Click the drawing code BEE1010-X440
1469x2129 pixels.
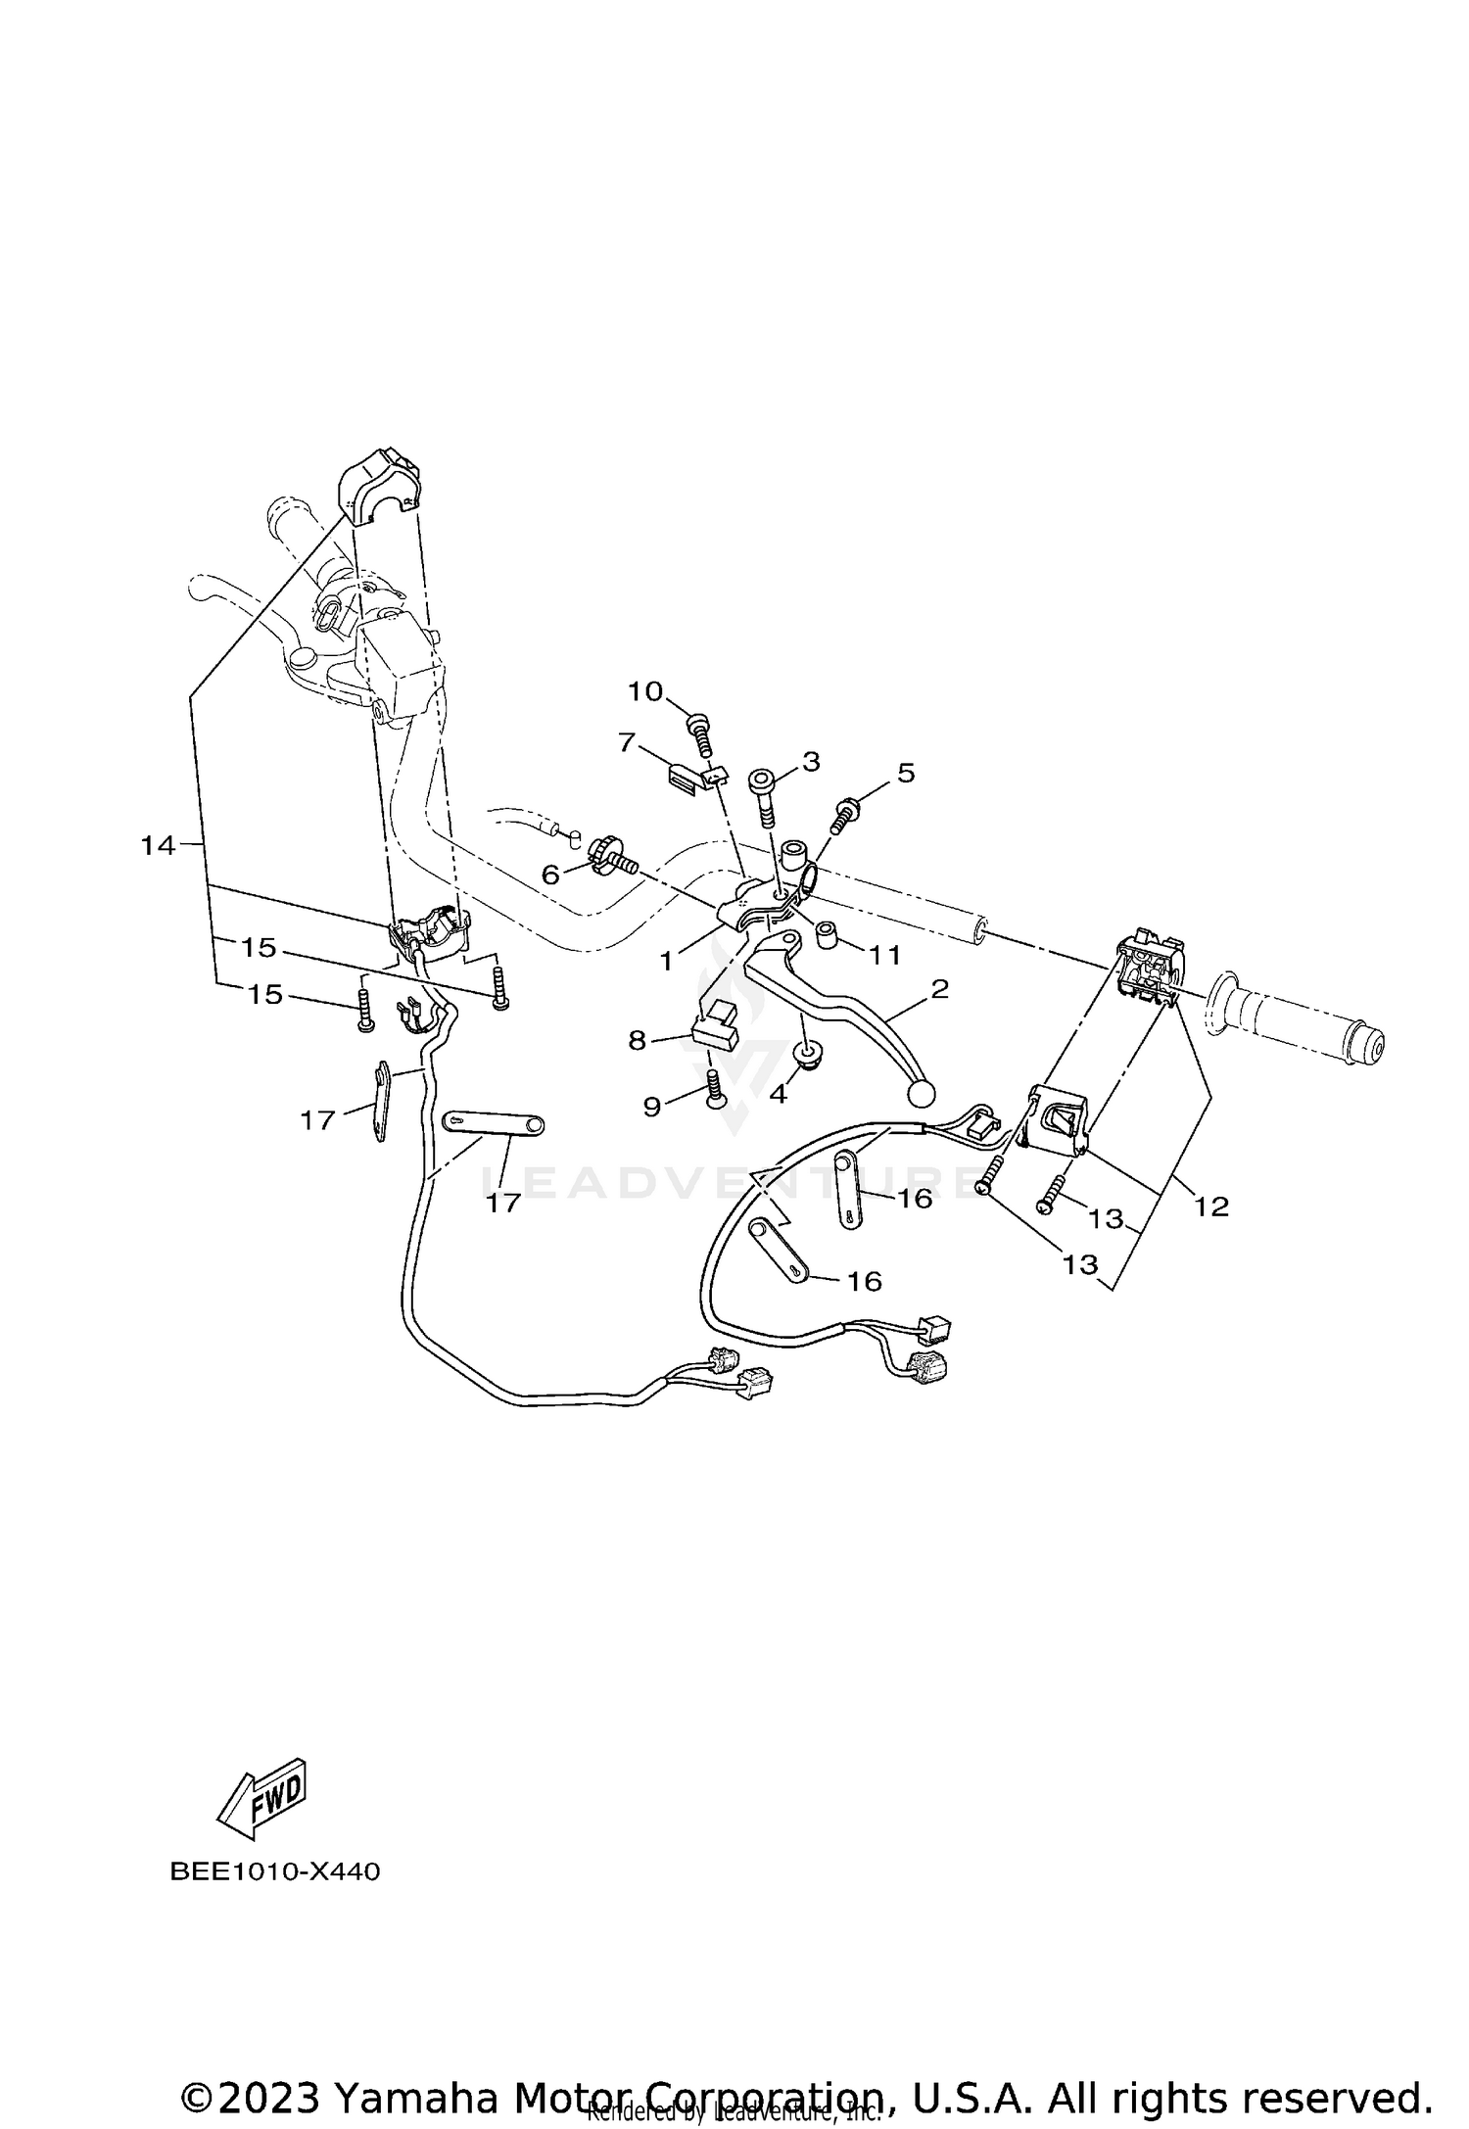(274, 1872)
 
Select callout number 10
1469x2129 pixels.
(645, 691)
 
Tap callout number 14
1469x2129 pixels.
(157, 844)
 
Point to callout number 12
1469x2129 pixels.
(1211, 1206)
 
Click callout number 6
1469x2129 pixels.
(550, 875)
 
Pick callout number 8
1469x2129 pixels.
(638, 1040)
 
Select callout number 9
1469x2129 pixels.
(652, 1107)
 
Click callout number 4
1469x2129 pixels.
(779, 1094)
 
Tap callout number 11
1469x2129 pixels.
(885, 954)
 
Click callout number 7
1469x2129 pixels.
(628, 743)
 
